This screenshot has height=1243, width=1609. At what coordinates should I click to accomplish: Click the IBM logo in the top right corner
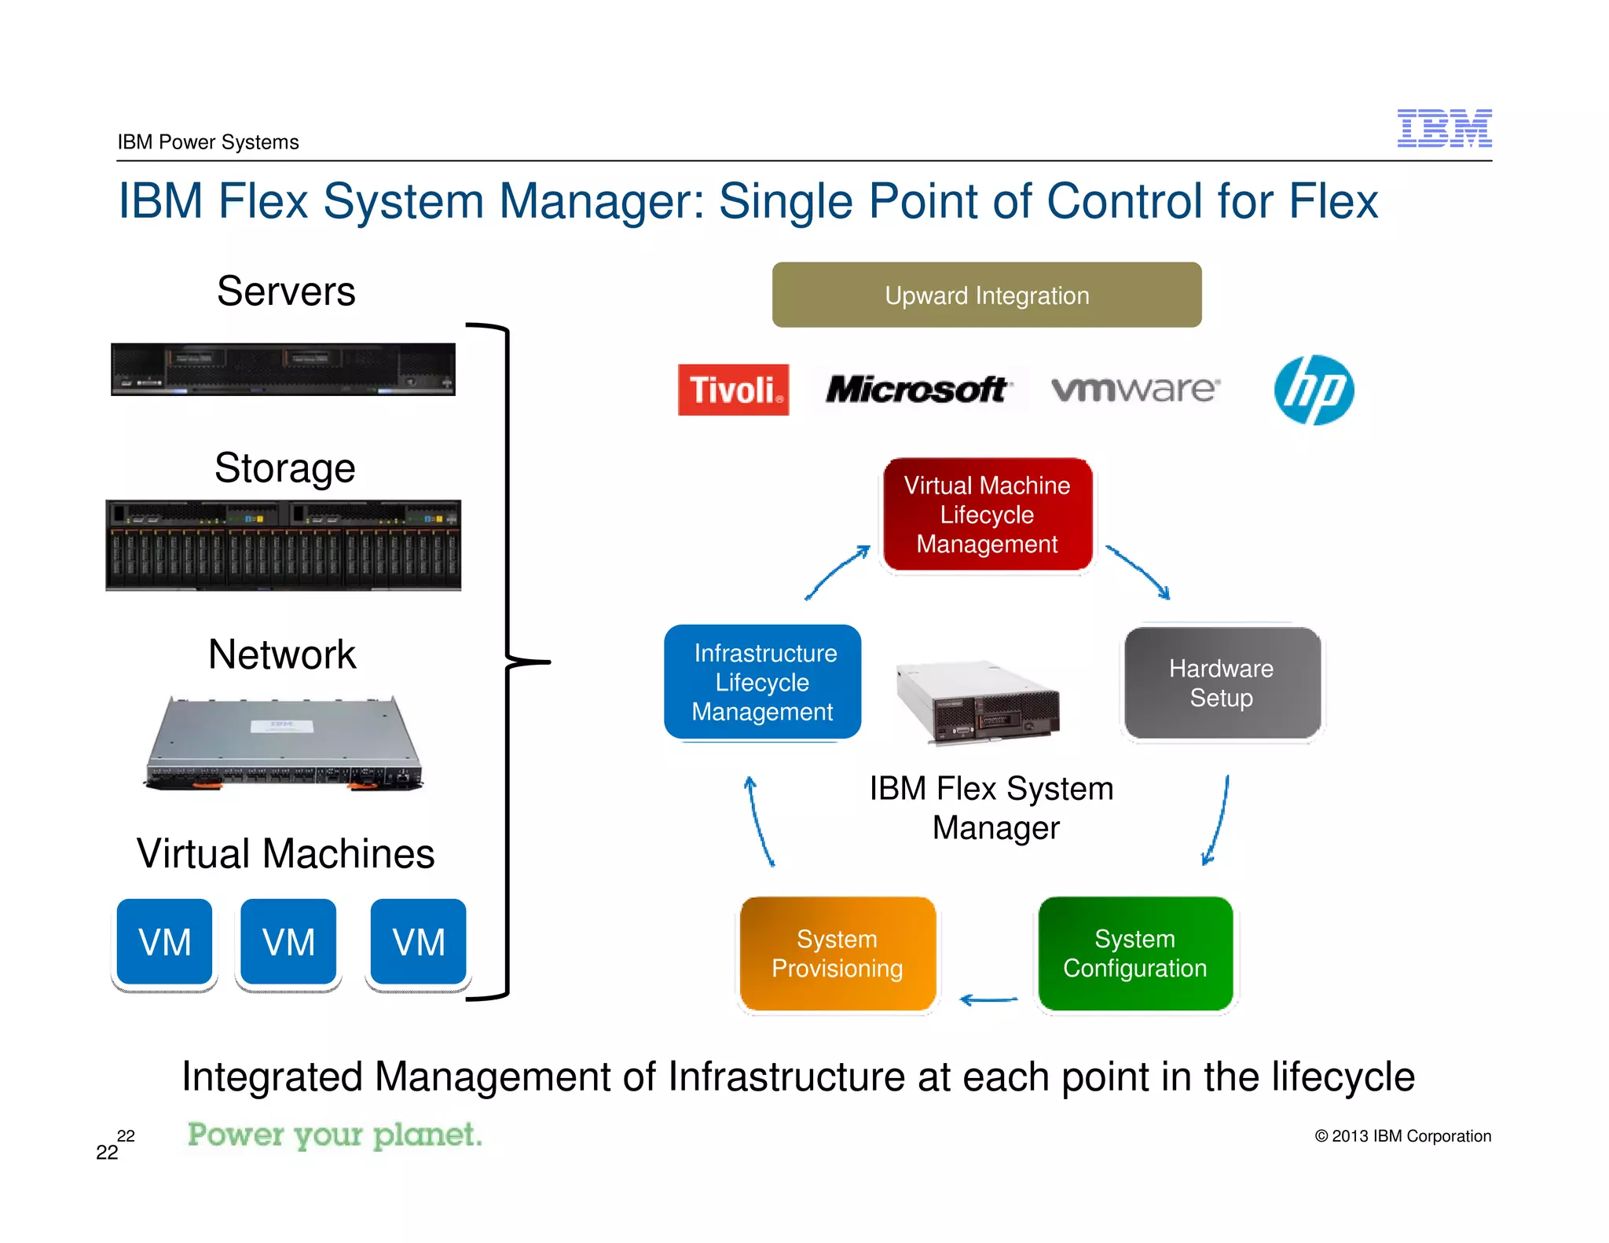click(x=1444, y=128)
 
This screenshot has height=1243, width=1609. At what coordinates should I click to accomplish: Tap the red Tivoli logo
click(x=733, y=390)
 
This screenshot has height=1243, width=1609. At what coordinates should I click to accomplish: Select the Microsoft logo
click(x=916, y=389)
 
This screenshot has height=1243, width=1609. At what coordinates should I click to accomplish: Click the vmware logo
click(x=1135, y=389)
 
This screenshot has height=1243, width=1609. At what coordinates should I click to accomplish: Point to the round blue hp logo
click(x=1314, y=390)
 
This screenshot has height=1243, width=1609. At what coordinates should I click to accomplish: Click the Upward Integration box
click(x=987, y=295)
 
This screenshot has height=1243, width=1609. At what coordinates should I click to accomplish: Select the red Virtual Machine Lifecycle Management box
click(x=988, y=515)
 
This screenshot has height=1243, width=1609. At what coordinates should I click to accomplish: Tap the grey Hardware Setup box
click(x=1221, y=683)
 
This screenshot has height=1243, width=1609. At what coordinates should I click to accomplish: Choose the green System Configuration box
click(x=1134, y=953)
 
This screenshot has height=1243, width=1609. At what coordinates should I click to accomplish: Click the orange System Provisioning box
click(x=837, y=953)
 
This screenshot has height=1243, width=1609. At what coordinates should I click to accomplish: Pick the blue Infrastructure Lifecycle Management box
click(x=763, y=682)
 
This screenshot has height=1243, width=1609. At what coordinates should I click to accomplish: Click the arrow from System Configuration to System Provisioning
click(x=988, y=1000)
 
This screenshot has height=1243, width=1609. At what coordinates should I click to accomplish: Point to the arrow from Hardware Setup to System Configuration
click(x=1218, y=821)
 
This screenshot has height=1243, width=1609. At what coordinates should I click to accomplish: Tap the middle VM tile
click(x=288, y=942)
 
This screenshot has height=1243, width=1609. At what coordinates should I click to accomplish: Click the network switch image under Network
click(x=284, y=743)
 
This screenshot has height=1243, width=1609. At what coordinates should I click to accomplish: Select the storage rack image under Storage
click(x=284, y=544)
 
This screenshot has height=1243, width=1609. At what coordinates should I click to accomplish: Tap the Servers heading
click(x=286, y=291)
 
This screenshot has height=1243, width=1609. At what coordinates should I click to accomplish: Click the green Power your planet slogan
click(x=335, y=1135)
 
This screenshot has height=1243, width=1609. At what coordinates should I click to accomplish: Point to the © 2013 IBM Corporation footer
click(x=1402, y=1136)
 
